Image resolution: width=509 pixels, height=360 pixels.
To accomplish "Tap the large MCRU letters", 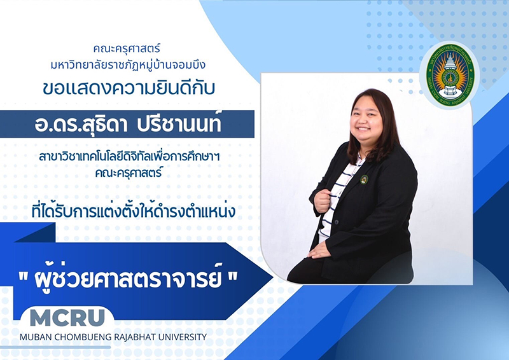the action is (67, 317).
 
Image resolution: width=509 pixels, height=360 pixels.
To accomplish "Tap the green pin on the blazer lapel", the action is (364, 179).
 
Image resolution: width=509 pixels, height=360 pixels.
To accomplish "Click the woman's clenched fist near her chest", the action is (323, 201).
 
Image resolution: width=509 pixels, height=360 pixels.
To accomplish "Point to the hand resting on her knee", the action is (320, 250).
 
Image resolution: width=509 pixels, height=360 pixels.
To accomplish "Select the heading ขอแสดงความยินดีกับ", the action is (129, 88).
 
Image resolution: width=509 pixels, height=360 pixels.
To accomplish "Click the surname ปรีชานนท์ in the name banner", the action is (179, 124).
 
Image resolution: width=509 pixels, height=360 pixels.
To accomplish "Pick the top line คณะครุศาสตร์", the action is (127, 49).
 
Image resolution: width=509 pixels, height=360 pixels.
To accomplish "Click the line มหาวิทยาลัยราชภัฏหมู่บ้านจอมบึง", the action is (128, 65).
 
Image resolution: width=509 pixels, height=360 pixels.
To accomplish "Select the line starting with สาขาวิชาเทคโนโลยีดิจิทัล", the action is (129, 156).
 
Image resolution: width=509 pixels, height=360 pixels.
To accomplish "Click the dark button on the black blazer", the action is (337, 223).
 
